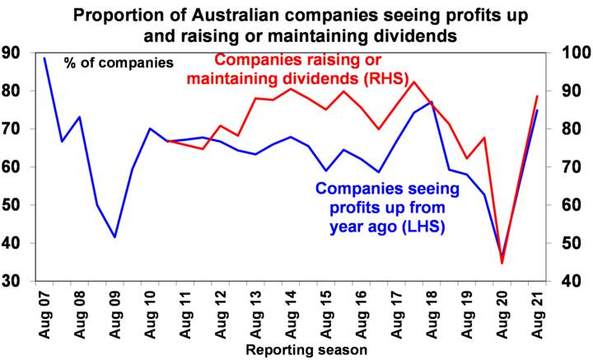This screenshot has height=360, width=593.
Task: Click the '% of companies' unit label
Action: click(x=119, y=63)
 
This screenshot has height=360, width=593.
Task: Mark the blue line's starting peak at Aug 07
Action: click(x=44, y=58)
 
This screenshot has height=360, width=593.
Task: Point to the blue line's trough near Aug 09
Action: click(x=114, y=237)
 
